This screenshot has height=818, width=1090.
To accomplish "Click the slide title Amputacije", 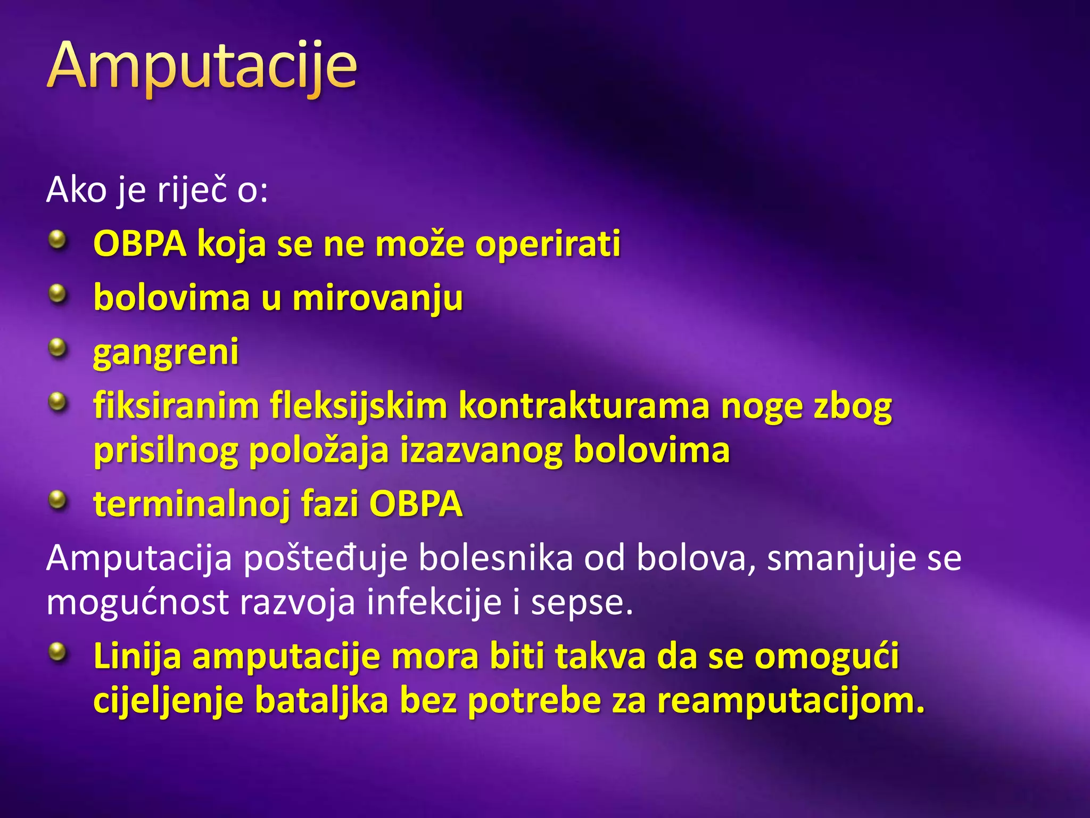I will (202, 67).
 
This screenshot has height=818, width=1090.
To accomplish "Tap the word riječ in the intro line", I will (192, 190).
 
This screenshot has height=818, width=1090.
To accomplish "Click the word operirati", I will (548, 244).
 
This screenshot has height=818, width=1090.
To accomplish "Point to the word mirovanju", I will (377, 298).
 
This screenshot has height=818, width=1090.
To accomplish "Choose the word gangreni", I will (166, 353).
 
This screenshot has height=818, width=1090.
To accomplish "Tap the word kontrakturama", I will (584, 406).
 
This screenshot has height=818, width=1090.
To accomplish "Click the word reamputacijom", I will (791, 701).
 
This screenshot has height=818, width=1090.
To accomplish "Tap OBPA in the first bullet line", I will (139, 244).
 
